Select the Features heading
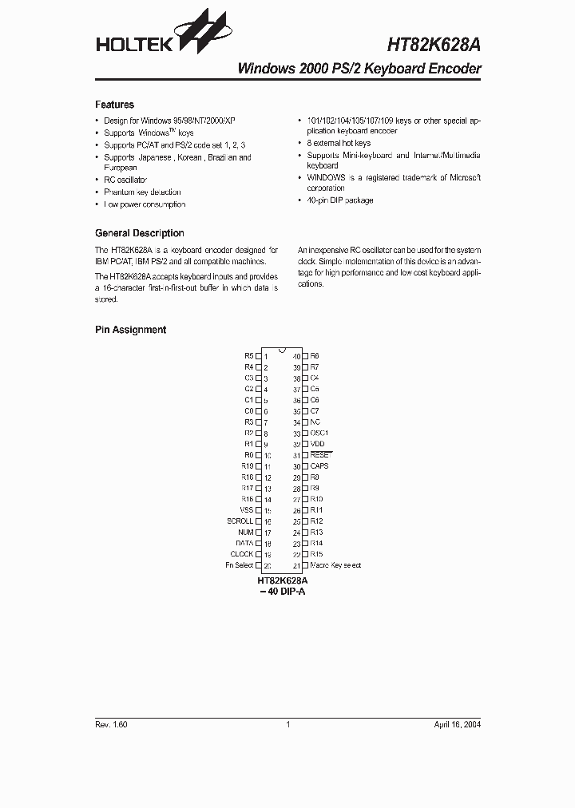click(114, 105)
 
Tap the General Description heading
click(139, 233)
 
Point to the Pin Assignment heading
click(130, 330)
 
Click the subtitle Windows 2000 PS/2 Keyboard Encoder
click(359, 69)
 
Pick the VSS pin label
click(246, 509)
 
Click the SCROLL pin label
click(240, 521)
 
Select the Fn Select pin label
click(239, 565)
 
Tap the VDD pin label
click(317, 444)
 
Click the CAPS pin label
click(319, 465)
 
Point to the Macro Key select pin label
click(335, 565)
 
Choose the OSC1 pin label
click(319, 433)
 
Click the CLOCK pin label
click(242, 554)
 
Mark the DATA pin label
click(244, 543)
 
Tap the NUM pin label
click(245, 532)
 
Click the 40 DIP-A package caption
click(283, 592)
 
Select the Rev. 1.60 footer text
click(111, 724)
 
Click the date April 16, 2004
click(458, 724)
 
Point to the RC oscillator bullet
click(125, 180)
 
